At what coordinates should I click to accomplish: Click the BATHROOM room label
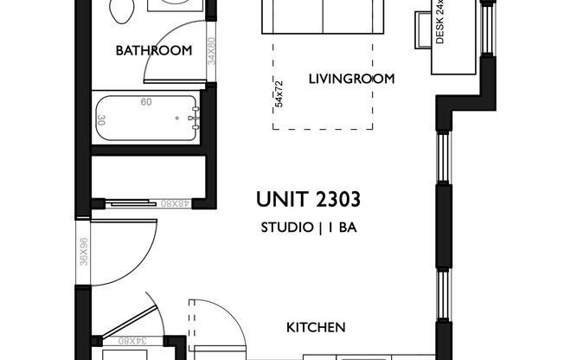(x=154, y=51)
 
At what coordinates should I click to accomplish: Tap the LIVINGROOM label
(x=351, y=79)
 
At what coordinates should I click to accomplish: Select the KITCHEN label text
(x=317, y=328)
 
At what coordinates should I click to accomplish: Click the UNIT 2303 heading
(x=309, y=201)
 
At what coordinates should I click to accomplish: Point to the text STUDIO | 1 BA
(x=309, y=229)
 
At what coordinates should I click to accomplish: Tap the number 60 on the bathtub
(x=147, y=101)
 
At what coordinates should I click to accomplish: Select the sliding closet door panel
(x=138, y=204)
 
